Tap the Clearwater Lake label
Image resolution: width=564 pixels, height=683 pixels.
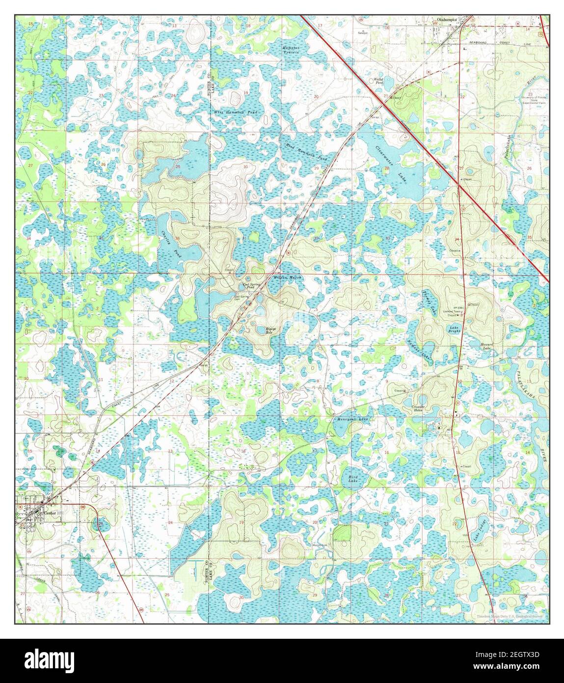click(x=391, y=164)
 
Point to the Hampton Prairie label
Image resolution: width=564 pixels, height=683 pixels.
click(x=291, y=50)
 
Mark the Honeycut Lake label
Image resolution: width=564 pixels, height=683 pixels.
click(x=352, y=419)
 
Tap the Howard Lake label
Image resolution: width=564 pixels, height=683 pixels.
click(x=486, y=346)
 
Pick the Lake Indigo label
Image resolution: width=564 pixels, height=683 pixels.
click(x=480, y=530)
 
